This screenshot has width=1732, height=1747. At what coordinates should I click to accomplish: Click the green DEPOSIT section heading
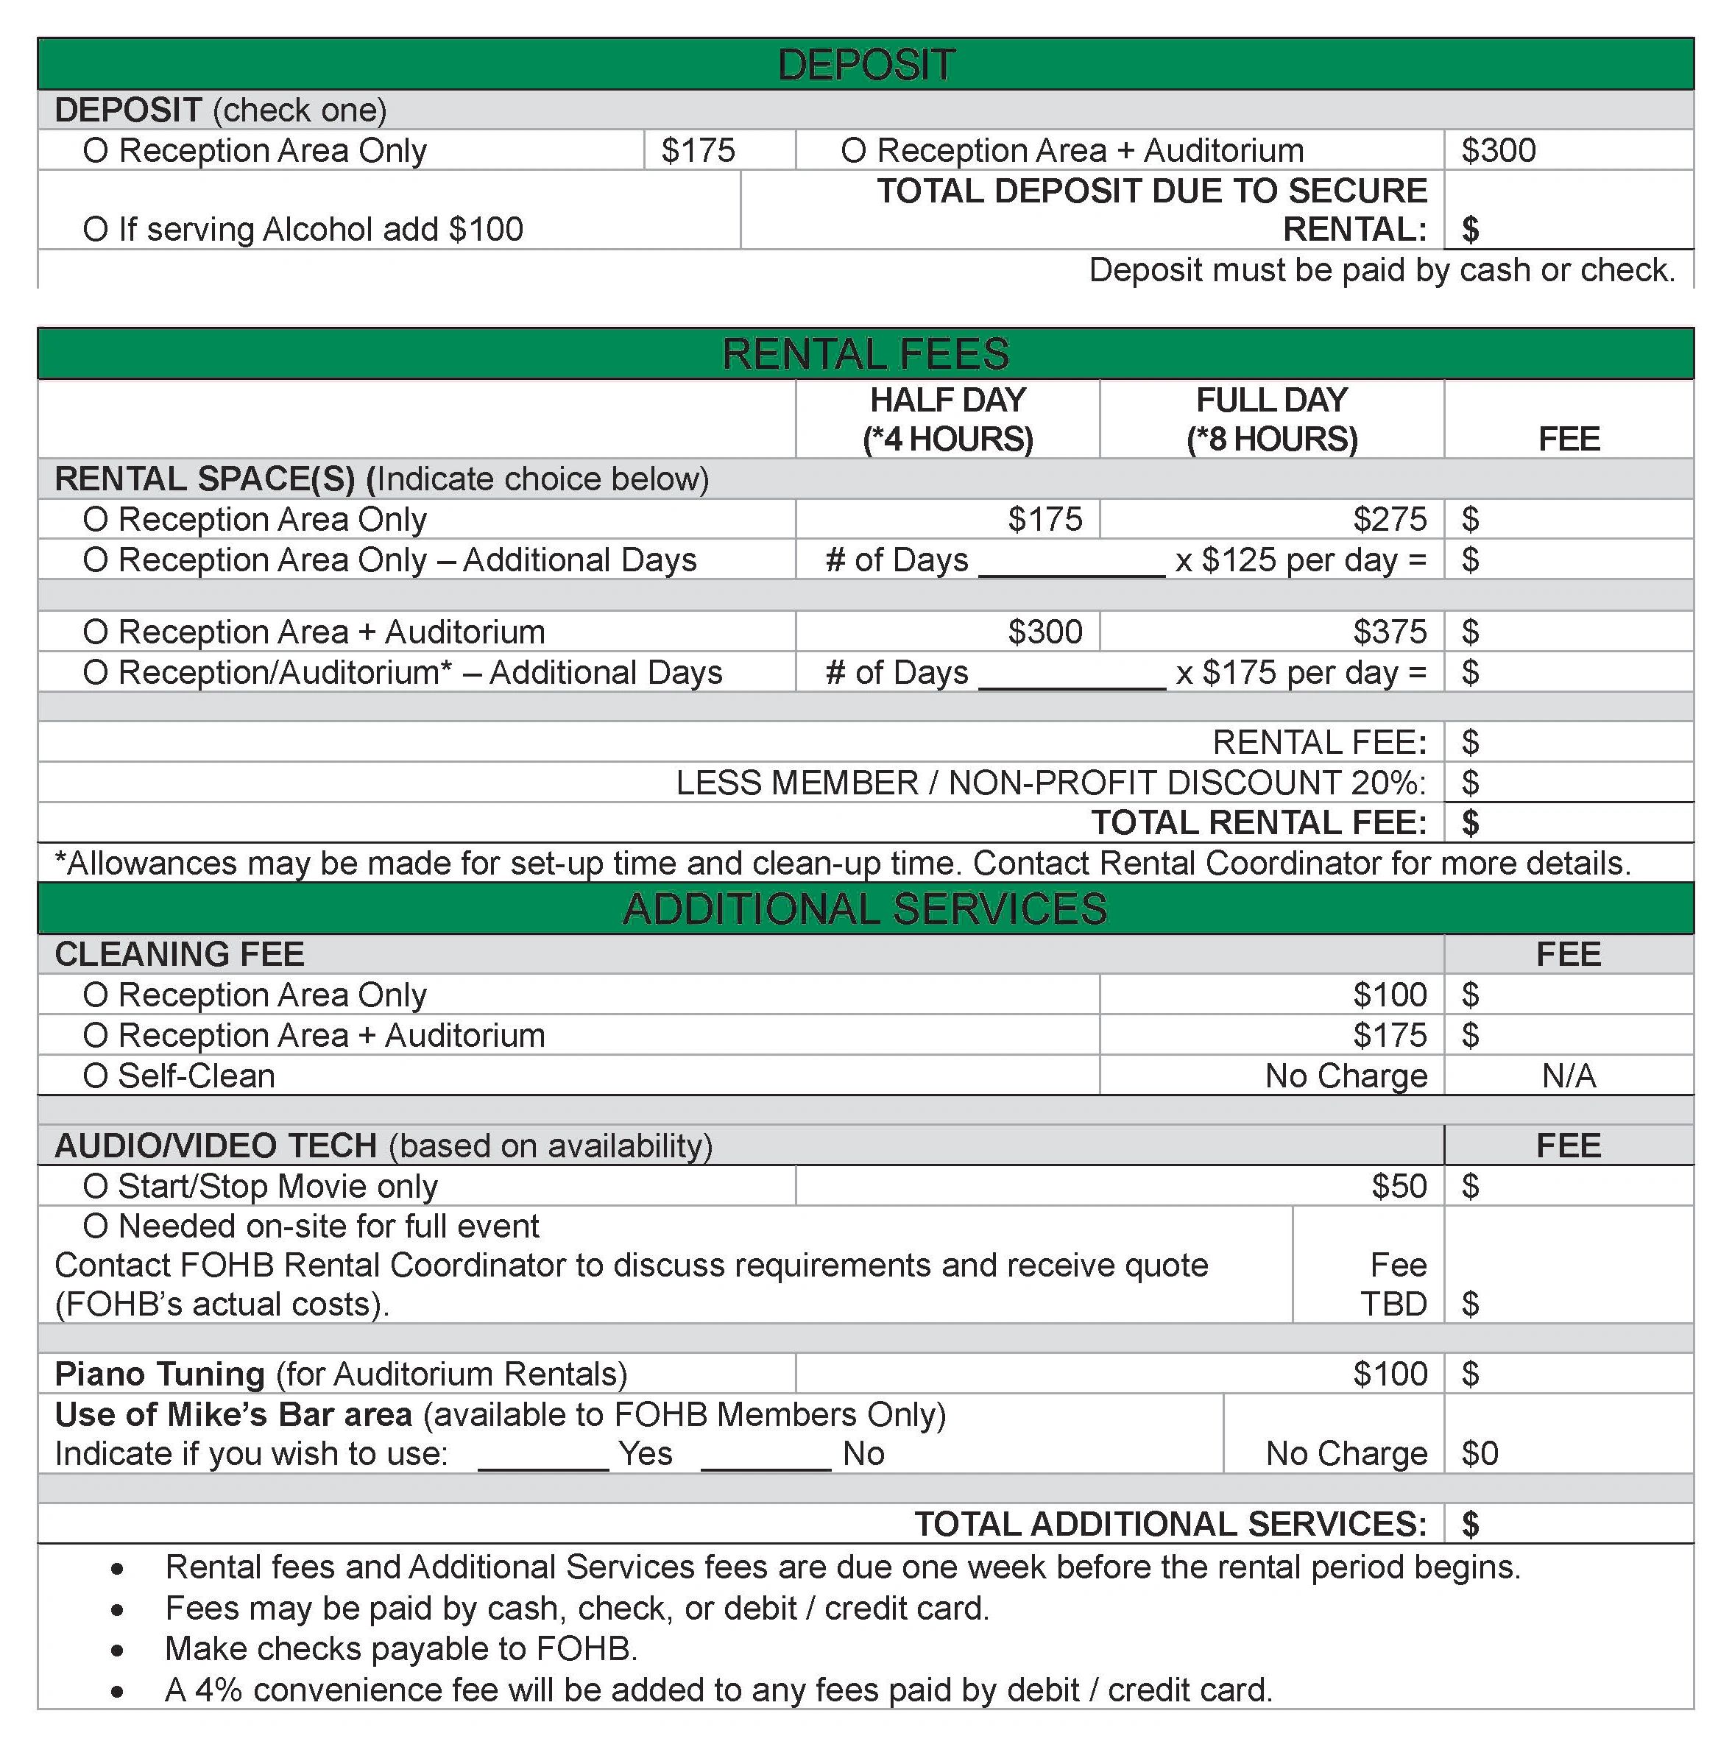pyautogui.click(x=865, y=65)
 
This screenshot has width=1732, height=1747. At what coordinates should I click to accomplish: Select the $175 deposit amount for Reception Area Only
pyautogui.click(x=698, y=150)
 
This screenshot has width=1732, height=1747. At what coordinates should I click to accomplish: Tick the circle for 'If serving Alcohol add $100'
pyautogui.click(x=95, y=230)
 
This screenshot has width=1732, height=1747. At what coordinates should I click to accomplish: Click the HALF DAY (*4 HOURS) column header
pyautogui.click(x=947, y=420)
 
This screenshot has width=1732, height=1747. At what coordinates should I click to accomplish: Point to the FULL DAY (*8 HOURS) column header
pyautogui.click(x=1271, y=420)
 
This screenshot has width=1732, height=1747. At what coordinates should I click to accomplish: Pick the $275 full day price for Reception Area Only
pyautogui.click(x=1390, y=520)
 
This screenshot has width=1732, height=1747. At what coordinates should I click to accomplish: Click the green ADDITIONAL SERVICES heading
pyautogui.click(x=865, y=908)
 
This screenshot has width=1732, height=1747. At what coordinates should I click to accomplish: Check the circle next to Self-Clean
pyautogui.click(x=95, y=1077)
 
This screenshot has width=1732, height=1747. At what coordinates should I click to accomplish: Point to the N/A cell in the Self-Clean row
pyautogui.click(x=1569, y=1076)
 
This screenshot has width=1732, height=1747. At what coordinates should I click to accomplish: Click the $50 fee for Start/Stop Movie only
pyautogui.click(x=1399, y=1186)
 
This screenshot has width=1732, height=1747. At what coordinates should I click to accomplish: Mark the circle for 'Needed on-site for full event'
pyautogui.click(x=95, y=1227)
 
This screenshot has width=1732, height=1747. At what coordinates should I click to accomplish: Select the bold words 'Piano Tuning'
pyautogui.click(x=159, y=1374)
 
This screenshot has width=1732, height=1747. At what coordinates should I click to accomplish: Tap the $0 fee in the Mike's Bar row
pyautogui.click(x=1480, y=1454)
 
